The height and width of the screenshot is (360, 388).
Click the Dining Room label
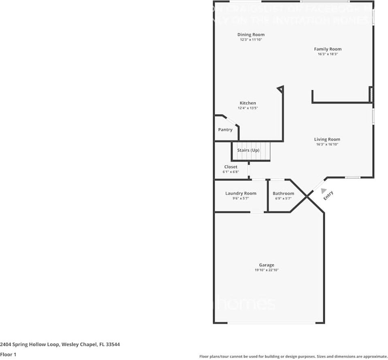[x=251, y=35]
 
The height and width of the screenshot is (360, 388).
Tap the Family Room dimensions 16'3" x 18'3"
[x=328, y=54]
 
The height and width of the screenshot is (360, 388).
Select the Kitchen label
[x=247, y=103]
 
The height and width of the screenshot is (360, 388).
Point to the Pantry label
[x=225, y=130]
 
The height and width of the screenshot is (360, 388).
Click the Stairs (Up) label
[x=248, y=150]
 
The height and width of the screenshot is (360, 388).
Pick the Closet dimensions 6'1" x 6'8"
[x=230, y=172]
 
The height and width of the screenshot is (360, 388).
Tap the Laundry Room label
[x=241, y=193]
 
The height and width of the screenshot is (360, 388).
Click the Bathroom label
[x=283, y=193]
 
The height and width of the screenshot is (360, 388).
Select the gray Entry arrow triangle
[x=323, y=191]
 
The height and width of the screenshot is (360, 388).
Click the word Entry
[x=328, y=196]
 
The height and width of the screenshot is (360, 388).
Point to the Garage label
[x=266, y=265]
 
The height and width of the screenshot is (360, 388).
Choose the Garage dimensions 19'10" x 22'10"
[x=266, y=270]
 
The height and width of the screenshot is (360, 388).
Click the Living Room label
[x=327, y=140]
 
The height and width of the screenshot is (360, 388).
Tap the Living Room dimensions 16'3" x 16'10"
[x=327, y=144]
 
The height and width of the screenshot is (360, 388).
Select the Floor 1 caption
[x=8, y=354]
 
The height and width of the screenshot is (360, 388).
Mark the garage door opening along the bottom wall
[x=271, y=323]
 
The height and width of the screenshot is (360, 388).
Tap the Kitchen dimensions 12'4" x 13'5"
[x=247, y=108]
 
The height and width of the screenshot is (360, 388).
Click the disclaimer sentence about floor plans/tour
[x=293, y=356]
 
